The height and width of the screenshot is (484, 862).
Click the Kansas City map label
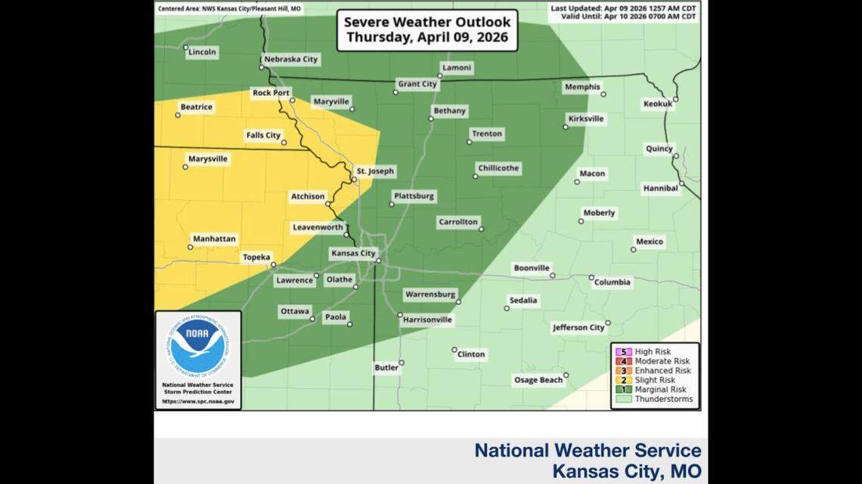coord(353,254)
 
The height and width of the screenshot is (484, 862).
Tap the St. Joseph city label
coord(375,171)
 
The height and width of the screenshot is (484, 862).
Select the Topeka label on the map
coord(256,257)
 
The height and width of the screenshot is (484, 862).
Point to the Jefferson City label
coord(578,328)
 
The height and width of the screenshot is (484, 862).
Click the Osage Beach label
coord(538,380)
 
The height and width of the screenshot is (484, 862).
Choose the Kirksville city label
coord(585,119)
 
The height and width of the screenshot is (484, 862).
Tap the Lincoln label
coord(202,52)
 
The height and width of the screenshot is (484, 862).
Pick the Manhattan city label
coord(214,239)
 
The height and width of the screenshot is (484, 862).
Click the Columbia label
coord(612,282)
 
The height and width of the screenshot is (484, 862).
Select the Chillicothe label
coord(498,168)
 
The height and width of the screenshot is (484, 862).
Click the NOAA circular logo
coord(197,346)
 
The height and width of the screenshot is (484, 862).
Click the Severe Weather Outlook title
coord(427,29)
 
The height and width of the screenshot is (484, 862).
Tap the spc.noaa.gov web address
coord(197,402)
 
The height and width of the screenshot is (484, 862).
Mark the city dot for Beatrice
coord(178,115)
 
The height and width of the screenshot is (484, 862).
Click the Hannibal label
coord(660,188)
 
